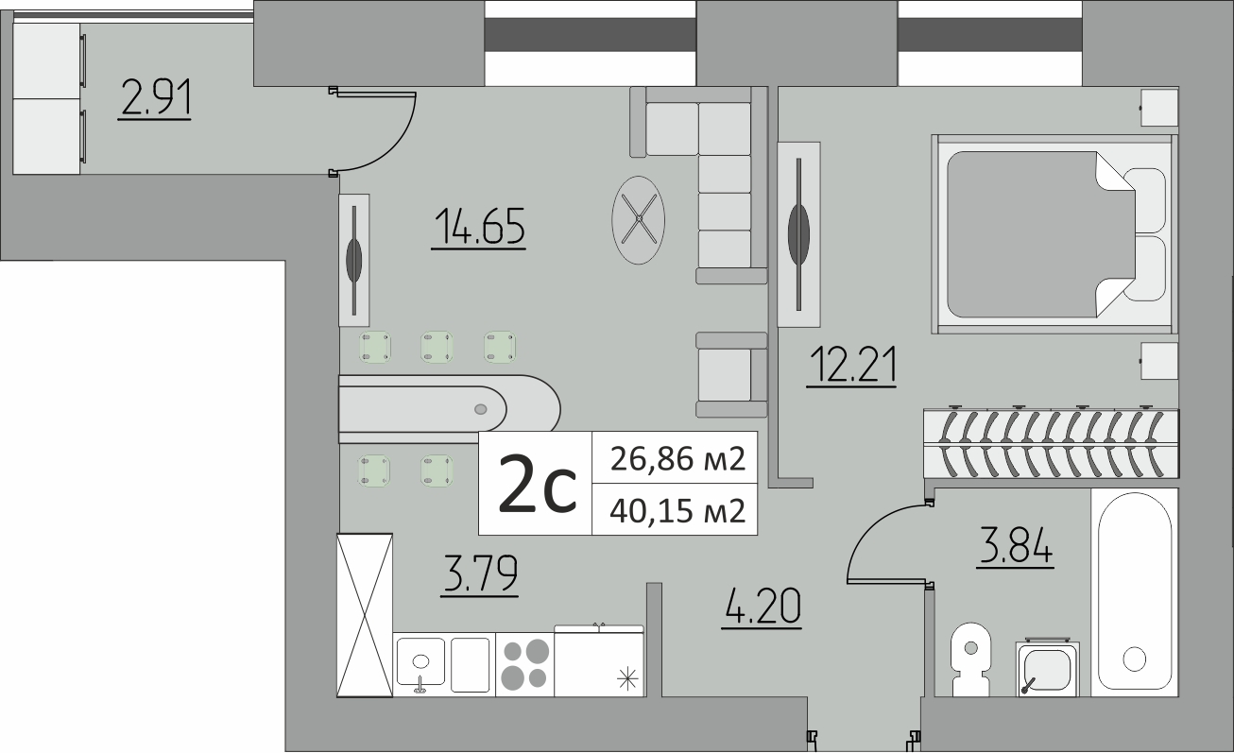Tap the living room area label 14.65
[x=479, y=227]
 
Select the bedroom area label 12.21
[x=851, y=364]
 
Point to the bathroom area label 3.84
[x=1016, y=546]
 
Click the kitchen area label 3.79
[x=480, y=574]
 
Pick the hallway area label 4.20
[x=763, y=607]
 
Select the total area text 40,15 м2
[x=677, y=510]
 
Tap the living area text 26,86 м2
[x=677, y=458]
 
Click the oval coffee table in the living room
[x=639, y=220]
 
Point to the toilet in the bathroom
[x=970, y=659]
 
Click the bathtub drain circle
[x=1134, y=659]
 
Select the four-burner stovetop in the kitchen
[x=524, y=665]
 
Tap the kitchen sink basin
[x=420, y=661]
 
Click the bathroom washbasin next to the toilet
[x=1048, y=669]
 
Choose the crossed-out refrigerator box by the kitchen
[x=365, y=615]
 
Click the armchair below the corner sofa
[x=731, y=374]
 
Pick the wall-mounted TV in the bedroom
[x=798, y=234]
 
